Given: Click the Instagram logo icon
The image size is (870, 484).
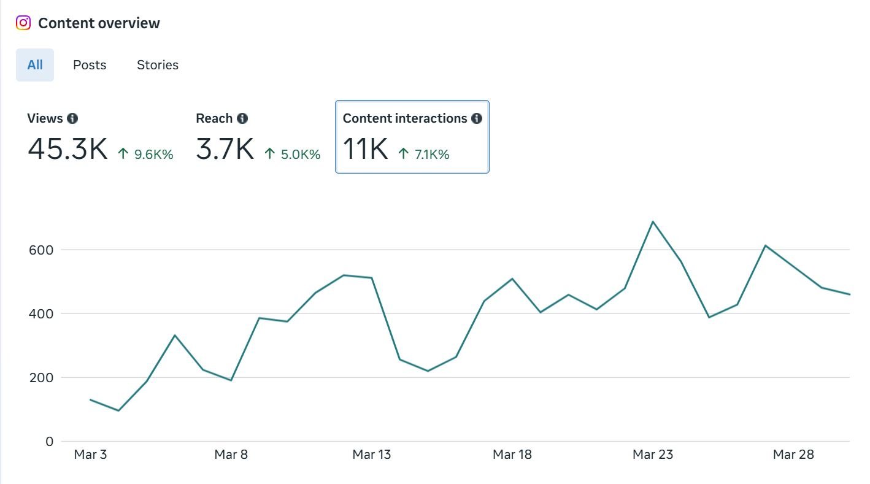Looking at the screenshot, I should pyautogui.click(x=23, y=23).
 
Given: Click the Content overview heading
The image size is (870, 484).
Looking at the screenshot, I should pyautogui.click(x=99, y=23).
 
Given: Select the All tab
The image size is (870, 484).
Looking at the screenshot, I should pyautogui.click(x=35, y=65).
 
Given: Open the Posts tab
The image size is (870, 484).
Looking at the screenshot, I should pyautogui.click(x=90, y=65).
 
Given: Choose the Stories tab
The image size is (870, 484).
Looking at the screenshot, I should pyautogui.click(x=158, y=65).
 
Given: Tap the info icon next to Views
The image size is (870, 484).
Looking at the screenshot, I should pyautogui.click(x=72, y=118).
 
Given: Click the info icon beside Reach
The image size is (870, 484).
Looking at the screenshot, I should pyautogui.click(x=242, y=118).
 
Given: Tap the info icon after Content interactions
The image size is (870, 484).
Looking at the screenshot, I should pyautogui.click(x=477, y=118).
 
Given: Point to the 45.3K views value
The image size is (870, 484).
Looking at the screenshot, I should pyautogui.click(x=67, y=149).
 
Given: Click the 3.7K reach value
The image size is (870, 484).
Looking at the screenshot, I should pyautogui.click(x=225, y=149).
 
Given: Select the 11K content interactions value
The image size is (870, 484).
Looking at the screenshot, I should pyautogui.click(x=365, y=149).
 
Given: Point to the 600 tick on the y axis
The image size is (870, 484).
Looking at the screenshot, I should pyautogui.click(x=40, y=250).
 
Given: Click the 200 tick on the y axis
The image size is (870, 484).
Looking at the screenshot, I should pyautogui.click(x=40, y=378).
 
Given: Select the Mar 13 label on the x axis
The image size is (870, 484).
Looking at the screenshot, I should pyautogui.click(x=371, y=455).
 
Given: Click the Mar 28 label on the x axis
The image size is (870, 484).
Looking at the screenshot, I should pyautogui.click(x=793, y=455).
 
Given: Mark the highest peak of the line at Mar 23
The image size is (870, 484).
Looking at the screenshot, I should pyautogui.click(x=653, y=221).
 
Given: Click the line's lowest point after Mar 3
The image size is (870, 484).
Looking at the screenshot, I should pyautogui.click(x=118, y=410).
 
